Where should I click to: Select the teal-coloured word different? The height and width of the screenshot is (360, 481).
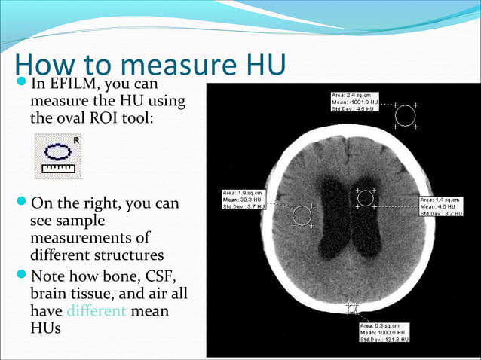click(x=97, y=310)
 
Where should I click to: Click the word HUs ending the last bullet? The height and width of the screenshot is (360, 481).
click(x=45, y=328)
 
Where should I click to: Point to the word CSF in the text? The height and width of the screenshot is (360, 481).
click(x=162, y=276)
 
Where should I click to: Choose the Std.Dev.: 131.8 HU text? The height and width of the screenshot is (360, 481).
click(x=384, y=340)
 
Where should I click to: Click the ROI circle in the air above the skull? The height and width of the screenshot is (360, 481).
click(x=405, y=115)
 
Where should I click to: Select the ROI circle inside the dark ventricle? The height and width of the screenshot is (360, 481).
click(x=366, y=198)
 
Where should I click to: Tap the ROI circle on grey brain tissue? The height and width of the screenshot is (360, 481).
click(x=302, y=215)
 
